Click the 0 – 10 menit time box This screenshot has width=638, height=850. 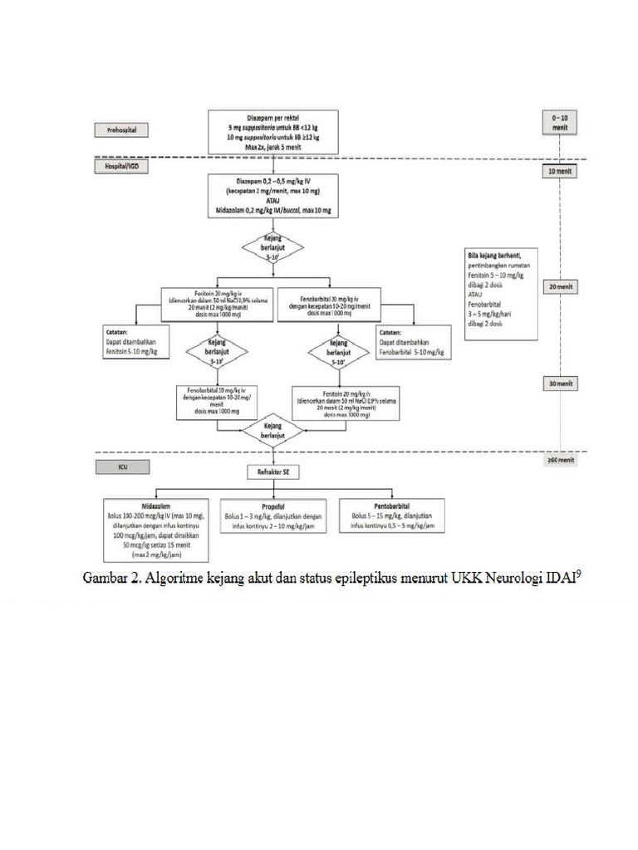click(560, 125)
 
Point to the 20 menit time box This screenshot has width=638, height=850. click(560, 286)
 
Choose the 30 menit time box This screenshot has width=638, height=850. click(560, 384)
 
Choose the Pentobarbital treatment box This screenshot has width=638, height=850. click(391, 515)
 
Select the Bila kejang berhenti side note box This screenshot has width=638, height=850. click(501, 292)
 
